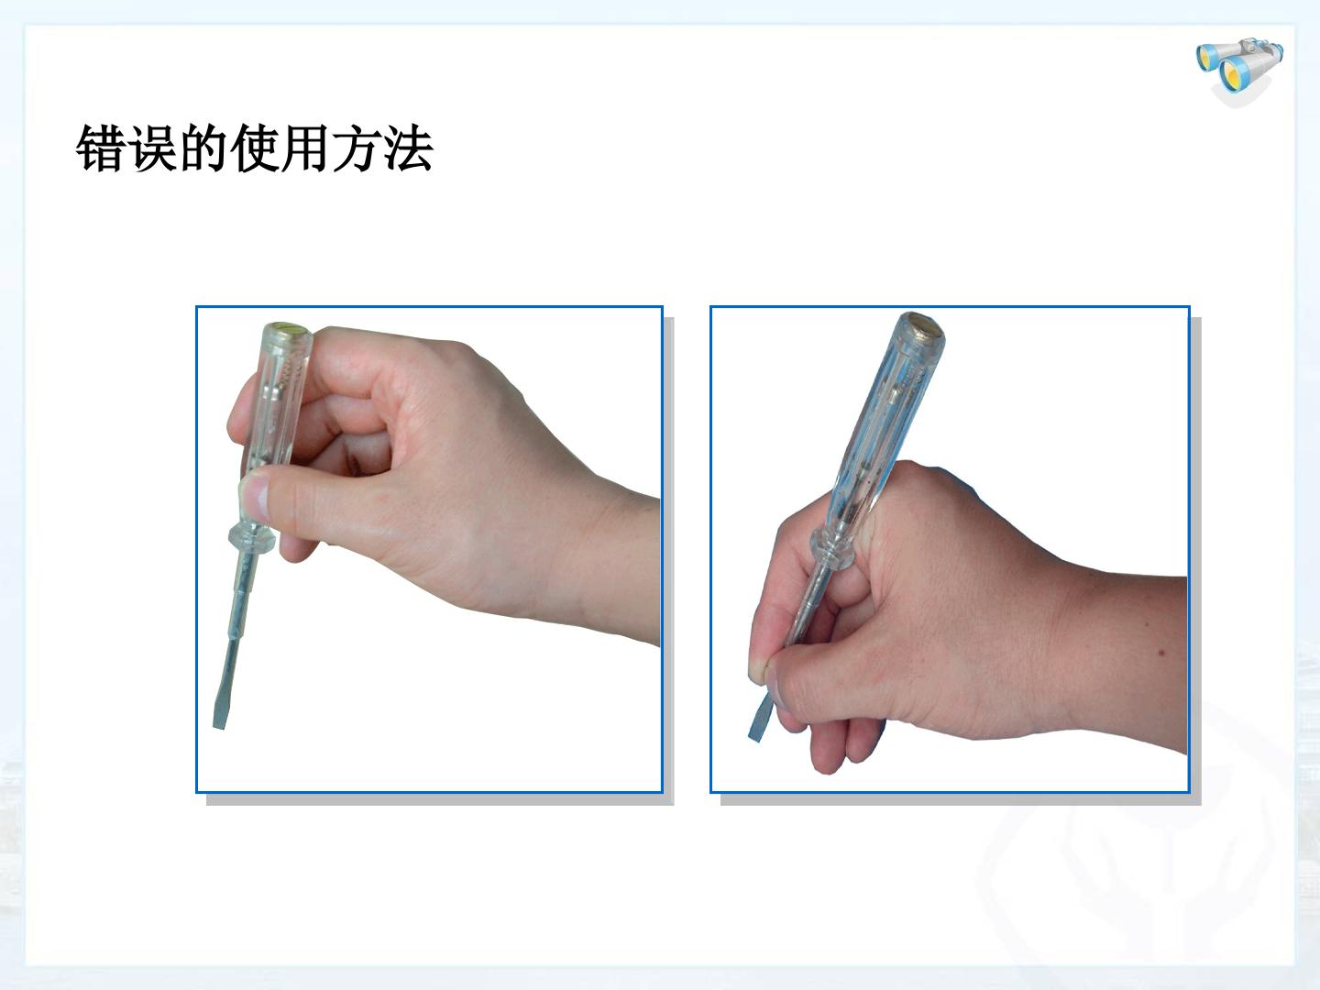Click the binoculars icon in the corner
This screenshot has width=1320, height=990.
(1239, 70)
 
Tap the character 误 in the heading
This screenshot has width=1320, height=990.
(151, 148)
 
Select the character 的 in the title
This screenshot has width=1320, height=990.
(202, 148)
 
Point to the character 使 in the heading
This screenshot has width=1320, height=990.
(254, 148)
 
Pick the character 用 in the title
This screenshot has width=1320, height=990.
(305, 148)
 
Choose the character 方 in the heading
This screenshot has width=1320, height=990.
(356, 148)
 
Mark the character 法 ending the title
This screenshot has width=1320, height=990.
(408, 148)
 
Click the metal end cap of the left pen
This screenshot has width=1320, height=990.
(288, 329)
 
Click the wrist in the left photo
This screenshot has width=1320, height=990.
(613, 565)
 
